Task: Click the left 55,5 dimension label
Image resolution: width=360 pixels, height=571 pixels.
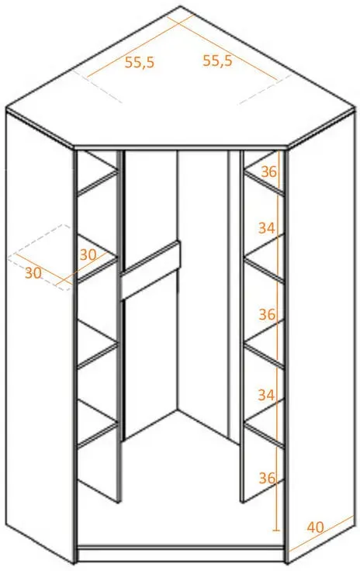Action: click(140, 62)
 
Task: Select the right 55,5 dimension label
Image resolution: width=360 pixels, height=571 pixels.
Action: click(217, 60)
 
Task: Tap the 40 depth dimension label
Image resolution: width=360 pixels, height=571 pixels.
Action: click(315, 527)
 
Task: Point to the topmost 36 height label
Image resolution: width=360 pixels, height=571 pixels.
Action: click(269, 172)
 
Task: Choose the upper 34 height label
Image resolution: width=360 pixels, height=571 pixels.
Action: click(267, 228)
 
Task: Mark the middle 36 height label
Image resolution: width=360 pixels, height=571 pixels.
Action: click(267, 314)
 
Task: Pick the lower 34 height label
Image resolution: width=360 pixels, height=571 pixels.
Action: click(266, 395)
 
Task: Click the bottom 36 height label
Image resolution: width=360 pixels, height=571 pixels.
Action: click(267, 478)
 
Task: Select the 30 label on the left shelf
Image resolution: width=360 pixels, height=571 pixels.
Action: click(88, 254)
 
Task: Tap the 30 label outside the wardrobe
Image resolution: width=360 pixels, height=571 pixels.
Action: click(33, 273)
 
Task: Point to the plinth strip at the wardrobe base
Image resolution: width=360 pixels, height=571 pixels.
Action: click(181, 554)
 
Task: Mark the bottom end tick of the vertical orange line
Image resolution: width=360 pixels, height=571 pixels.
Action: click(278, 529)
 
